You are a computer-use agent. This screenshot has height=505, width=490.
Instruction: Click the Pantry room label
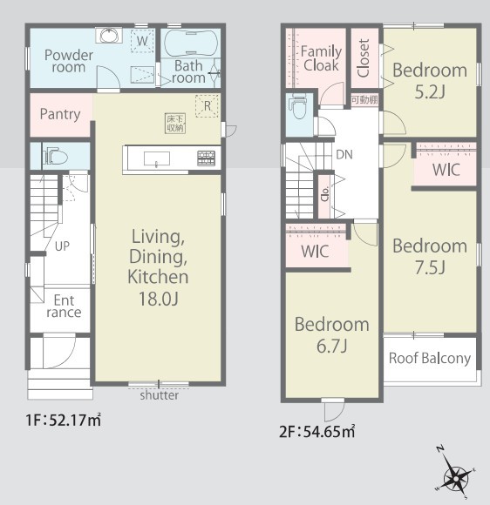(x=60, y=114)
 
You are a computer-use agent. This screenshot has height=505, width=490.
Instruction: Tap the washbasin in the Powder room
(x=109, y=36)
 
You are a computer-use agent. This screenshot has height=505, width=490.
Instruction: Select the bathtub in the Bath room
(x=190, y=44)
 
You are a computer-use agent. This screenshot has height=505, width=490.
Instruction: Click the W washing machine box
(x=142, y=41)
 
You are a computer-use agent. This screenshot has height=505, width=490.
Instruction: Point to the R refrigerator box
(x=208, y=106)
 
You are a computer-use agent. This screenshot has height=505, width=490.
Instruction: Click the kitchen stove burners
(x=206, y=158)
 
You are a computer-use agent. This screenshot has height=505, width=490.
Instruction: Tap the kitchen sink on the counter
(x=157, y=159)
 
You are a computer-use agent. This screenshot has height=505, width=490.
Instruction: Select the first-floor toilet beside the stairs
(x=57, y=156)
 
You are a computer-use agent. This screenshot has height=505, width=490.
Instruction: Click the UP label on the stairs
(x=62, y=246)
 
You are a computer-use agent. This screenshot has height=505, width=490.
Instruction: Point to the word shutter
(x=159, y=395)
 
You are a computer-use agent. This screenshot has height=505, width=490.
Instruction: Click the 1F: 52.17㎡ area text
(x=64, y=421)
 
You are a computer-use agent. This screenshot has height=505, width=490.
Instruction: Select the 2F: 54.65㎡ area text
(x=317, y=432)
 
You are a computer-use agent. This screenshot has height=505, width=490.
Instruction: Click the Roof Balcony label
(x=430, y=359)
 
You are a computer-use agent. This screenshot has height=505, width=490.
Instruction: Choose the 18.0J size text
(x=159, y=299)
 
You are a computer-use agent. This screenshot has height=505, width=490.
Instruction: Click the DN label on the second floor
(x=344, y=155)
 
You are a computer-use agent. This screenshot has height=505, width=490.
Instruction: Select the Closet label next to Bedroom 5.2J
(x=364, y=58)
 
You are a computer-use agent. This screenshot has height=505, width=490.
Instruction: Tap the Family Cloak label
(x=321, y=58)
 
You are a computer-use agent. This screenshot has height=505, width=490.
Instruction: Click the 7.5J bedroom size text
(x=430, y=267)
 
